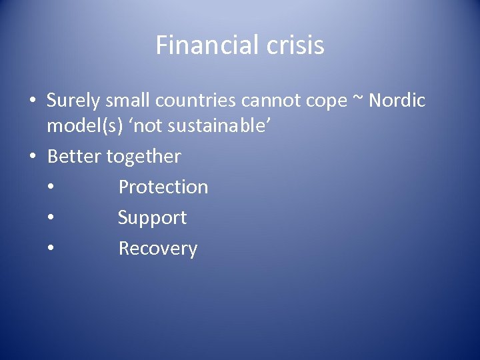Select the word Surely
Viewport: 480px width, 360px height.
coord(74,101)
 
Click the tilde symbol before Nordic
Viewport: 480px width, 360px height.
coord(360,99)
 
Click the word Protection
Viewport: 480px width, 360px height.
coord(163,187)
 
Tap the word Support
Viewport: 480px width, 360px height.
coord(152,218)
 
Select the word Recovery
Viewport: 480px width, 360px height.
coord(157,249)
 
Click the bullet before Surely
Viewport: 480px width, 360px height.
coord(32,101)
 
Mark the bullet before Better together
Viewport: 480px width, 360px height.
coord(32,157)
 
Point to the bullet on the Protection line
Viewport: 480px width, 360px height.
coord(51,188)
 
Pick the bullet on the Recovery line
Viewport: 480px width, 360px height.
coord(51,249)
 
